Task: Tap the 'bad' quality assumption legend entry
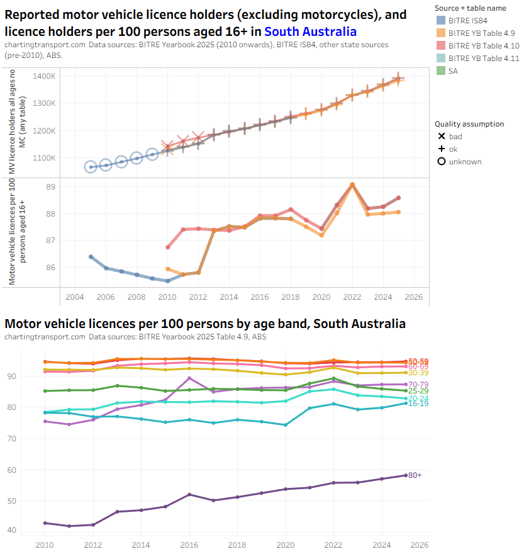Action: click(454, 136)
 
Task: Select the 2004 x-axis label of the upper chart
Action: click(75, 297)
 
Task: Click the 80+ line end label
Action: click(415, 475)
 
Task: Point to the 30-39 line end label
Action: click(420, 373)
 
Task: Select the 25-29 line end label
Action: click(420, 391)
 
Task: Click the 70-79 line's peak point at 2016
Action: click(190, 378)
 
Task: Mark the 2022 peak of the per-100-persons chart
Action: click(352, 184)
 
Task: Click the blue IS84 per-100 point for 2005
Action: click(91, 257)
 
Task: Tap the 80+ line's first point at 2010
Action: click(45, 523)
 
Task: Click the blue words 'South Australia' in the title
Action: click(310, 31)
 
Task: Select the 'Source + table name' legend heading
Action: click(470, 8)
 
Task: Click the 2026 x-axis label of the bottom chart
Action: click(419, 545)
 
